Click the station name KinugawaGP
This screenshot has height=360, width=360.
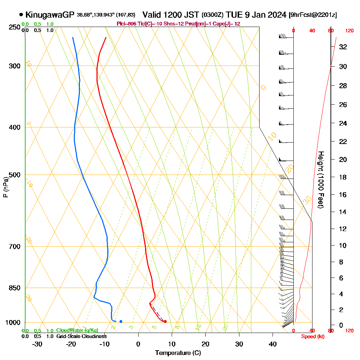pyautogui.click(x=50, y=15)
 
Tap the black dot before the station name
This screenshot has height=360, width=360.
pyautogui.click(x=21, y=15)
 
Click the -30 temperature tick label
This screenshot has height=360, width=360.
pyautogui.click(x=37, y=344)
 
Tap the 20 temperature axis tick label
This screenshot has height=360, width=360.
pyautogui.click(x=205, y=344)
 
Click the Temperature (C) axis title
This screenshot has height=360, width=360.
pyautogui.click(x=178, y=353)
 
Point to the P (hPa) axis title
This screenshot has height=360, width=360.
pyautogui.click(x=6, y=187)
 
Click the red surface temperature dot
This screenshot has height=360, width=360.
pyautogui.click(x=165, y=321)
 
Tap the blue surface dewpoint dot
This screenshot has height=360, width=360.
pyautogui.click(x=121, y=321)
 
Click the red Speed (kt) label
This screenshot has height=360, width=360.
pyautogui.click(x=311, y=336)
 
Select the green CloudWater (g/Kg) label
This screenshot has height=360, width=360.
pyautogui.click(x=77, y=330)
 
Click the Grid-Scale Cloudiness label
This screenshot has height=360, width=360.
pyautogui.click(x=81, y=336)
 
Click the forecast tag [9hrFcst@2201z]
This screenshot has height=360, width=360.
pyautogui.click(x=313, y=15)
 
